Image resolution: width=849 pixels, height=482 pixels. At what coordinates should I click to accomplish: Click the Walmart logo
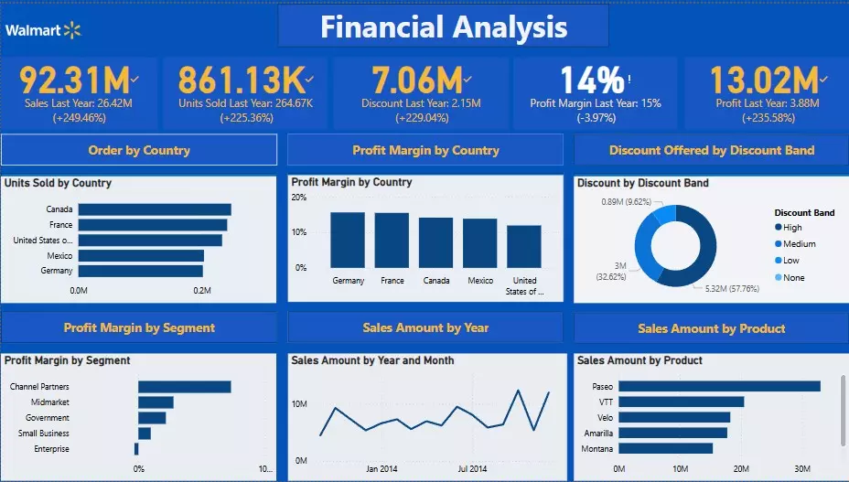click(43, 30)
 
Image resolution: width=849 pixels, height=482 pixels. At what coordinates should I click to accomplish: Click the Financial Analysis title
click(444, 27)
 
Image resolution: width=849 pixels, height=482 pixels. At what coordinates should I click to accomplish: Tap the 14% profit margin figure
click(592, 80)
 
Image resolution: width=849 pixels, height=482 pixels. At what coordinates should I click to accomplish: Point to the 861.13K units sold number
click(240, 80)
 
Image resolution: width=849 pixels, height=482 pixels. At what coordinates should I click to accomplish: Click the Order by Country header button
click(139, 150)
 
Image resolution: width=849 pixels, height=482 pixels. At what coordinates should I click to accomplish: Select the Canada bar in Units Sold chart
click(154, 209)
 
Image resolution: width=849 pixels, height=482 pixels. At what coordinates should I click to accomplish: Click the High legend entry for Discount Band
click(792, 228)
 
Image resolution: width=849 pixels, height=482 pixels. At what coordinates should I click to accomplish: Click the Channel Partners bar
click(184, 387)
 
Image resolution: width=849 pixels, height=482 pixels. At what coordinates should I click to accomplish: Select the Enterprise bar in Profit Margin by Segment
click(136, 449)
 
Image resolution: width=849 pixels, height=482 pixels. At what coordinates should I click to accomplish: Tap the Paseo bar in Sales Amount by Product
click(719, 386)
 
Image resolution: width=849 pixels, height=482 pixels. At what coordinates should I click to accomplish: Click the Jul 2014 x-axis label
click(472, 468)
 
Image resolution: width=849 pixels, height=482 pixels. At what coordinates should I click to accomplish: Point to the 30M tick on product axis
click(801, 469)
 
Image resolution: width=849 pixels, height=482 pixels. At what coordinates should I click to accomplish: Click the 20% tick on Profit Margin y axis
click(299, 197)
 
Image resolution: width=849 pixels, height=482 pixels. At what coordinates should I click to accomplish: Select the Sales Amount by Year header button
click(425, 327)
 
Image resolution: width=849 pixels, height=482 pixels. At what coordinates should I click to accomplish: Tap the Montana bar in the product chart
click(665, 448)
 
